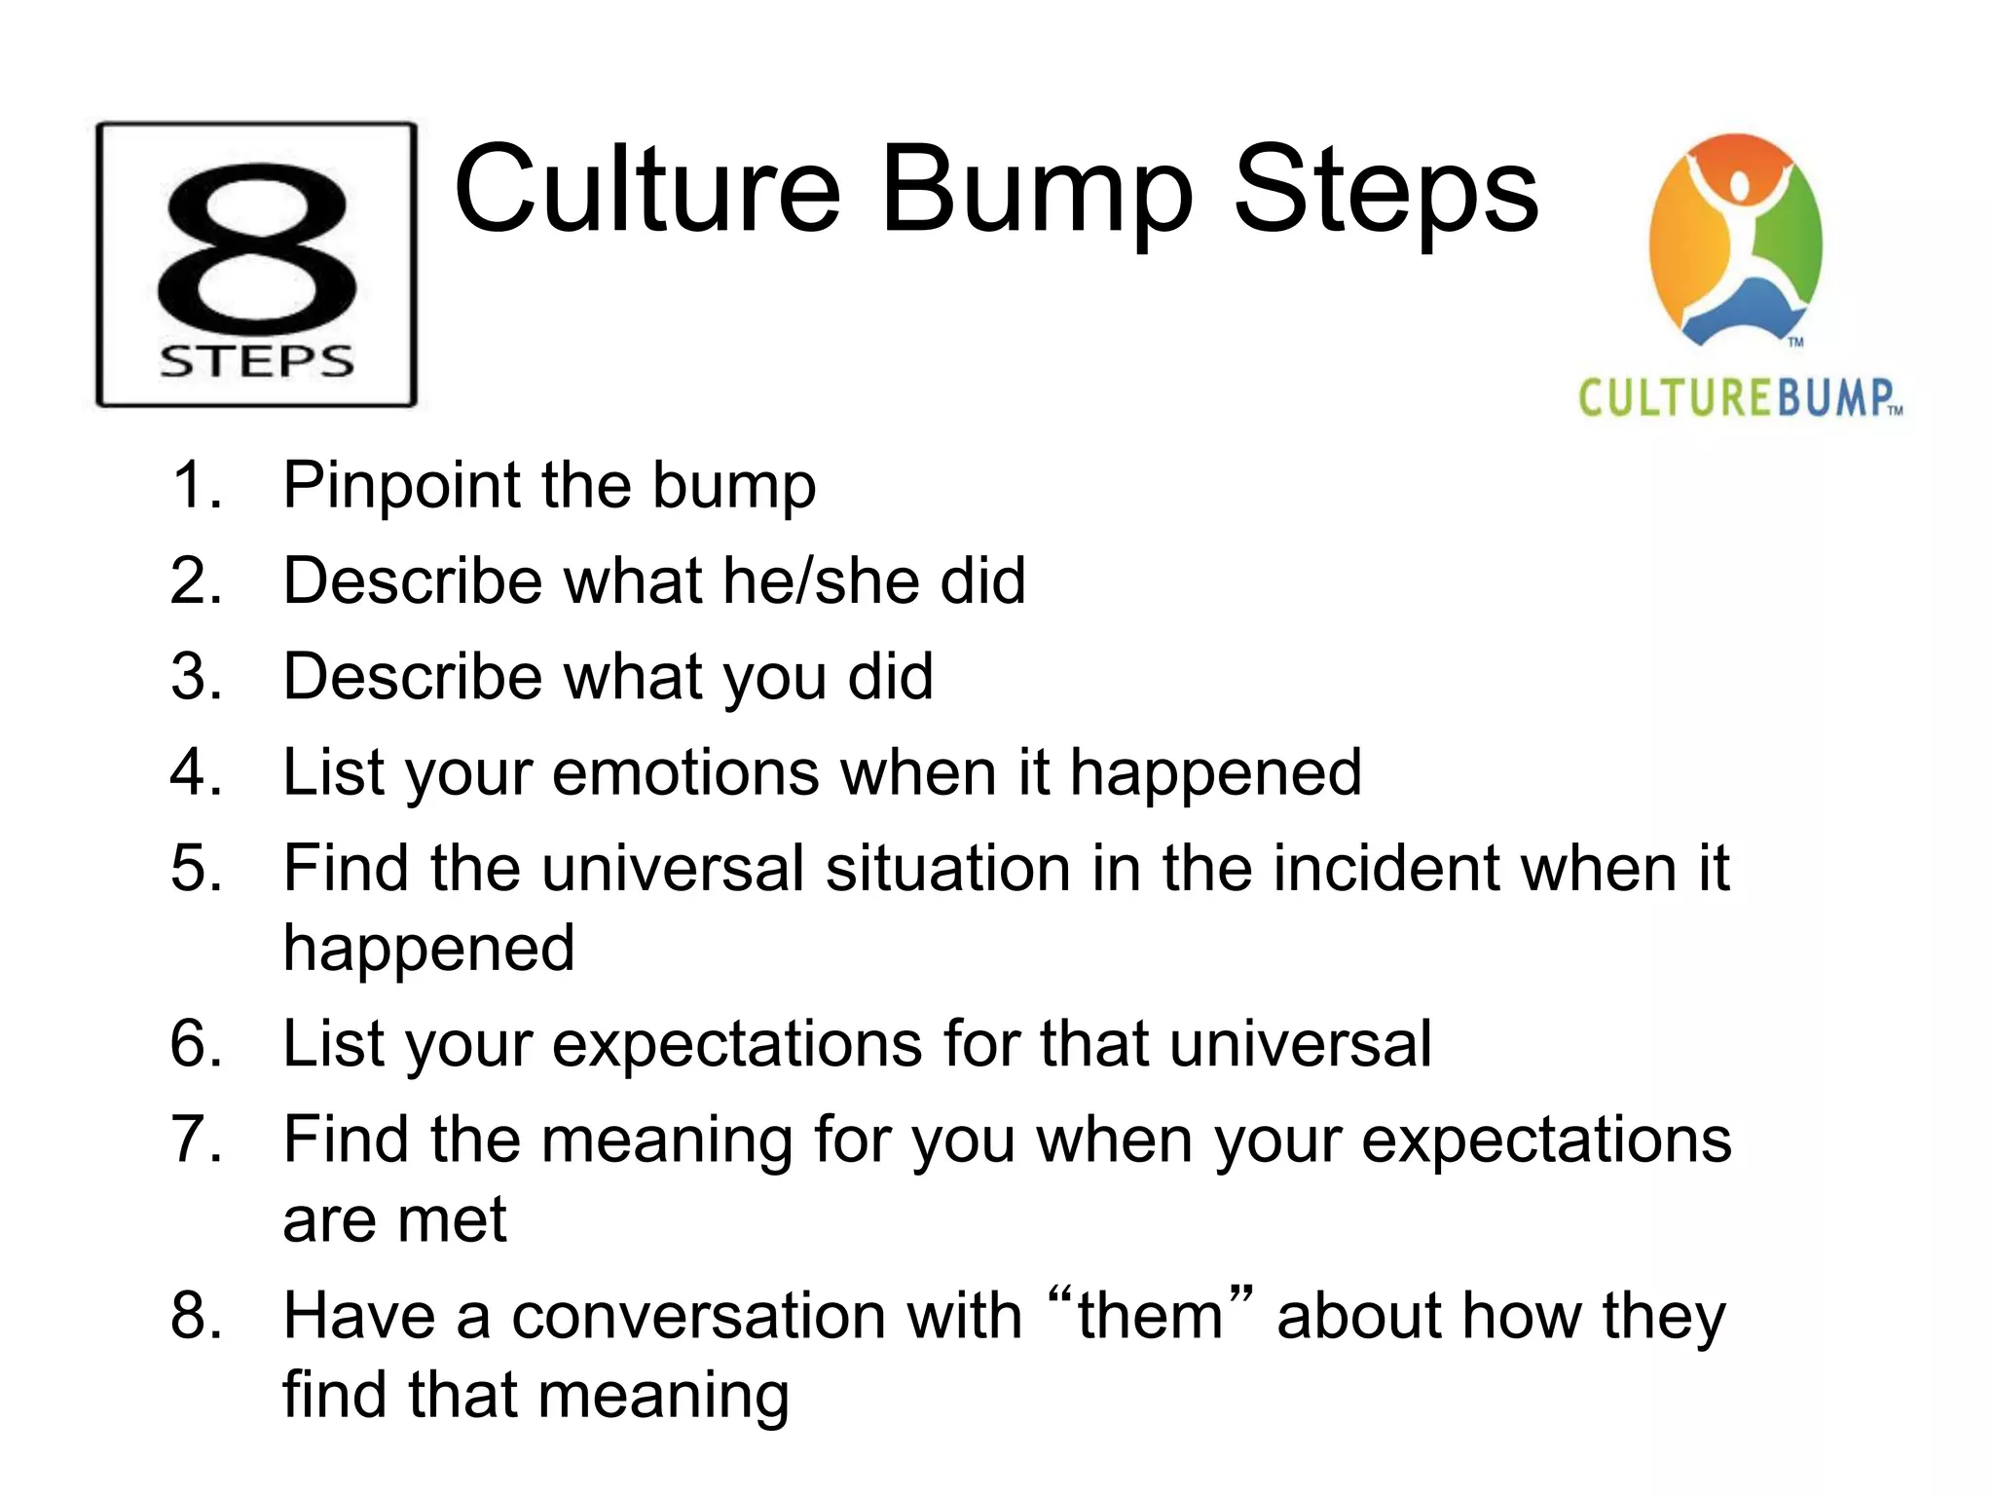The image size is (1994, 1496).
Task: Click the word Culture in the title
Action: (646, 190)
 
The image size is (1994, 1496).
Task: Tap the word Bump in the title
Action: (1036, 190)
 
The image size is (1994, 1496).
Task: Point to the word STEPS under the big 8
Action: (257, 361)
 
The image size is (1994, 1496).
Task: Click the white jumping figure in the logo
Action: (1739, 234)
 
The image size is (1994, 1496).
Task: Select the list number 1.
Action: (196, 485)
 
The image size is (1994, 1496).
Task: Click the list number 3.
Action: (196, 676)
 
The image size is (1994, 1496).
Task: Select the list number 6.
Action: (196, 1043)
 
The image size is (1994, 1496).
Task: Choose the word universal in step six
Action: (1300, 1043)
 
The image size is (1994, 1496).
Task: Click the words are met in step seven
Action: (394, 1218)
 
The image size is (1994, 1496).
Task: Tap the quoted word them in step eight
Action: (1150, 1315)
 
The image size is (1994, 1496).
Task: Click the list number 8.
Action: (196, 1315)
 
